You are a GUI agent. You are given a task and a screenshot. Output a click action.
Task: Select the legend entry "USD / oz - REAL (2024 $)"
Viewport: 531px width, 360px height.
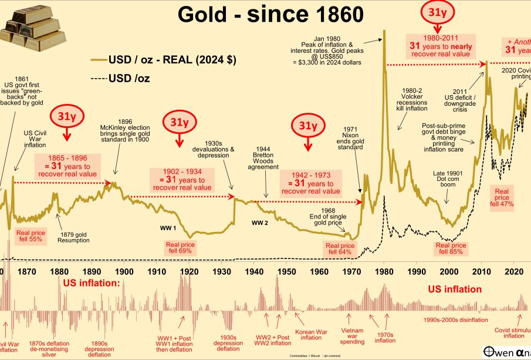tap(164, 60)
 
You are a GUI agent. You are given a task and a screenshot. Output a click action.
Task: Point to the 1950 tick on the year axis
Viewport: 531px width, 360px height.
tap(286, 272)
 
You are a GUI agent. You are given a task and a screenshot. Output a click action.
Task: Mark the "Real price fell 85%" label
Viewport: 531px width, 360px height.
tap(451, 248)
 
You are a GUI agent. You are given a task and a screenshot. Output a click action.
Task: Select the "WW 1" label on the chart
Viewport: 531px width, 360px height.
tap(170, 227)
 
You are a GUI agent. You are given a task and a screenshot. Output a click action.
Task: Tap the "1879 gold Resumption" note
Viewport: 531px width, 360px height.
tap(74, 237)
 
